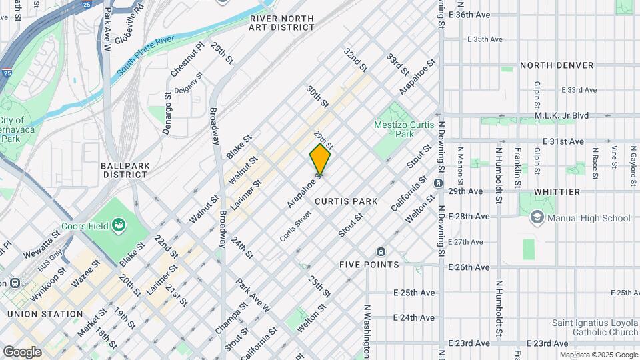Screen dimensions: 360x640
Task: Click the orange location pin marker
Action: tap(320, 160)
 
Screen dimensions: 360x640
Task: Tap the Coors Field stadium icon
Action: tap(119, 225)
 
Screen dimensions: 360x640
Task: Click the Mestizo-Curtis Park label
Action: tap(400, 129)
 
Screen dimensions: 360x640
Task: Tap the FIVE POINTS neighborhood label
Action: tap(369, 265)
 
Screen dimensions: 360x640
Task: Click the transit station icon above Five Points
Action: tap(381, 251)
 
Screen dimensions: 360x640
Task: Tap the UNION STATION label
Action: tap(45, 313)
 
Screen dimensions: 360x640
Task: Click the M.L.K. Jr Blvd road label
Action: tap(562, 115)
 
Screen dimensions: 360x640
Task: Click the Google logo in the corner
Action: tap(22, 351)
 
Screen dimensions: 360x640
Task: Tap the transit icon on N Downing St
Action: tap(438, 183)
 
